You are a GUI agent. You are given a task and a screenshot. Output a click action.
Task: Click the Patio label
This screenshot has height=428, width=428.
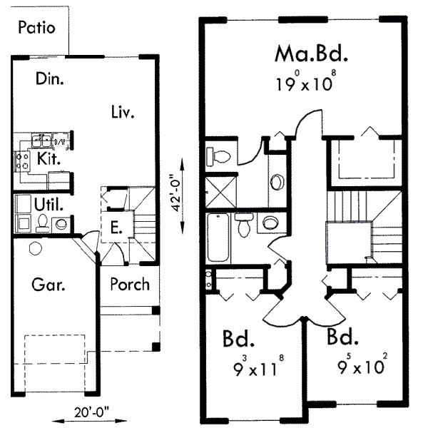pyautogui.click(x=36, y=28)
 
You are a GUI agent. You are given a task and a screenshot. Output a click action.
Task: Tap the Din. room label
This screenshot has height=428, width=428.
pyautogui.click(x=49, y=79)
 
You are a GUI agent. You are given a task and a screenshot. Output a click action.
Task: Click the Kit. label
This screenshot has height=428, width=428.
pyautogui.click(x=48, y=158)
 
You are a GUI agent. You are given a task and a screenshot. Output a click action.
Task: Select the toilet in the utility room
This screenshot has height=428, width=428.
pyautogui.click(x=43, y=223)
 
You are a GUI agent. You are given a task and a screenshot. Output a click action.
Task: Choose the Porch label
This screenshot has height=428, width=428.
pyautogui.click(x=130, y=284)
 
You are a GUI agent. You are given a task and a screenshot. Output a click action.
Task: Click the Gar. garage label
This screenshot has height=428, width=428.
pyautogui.click(x=49, y=285)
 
